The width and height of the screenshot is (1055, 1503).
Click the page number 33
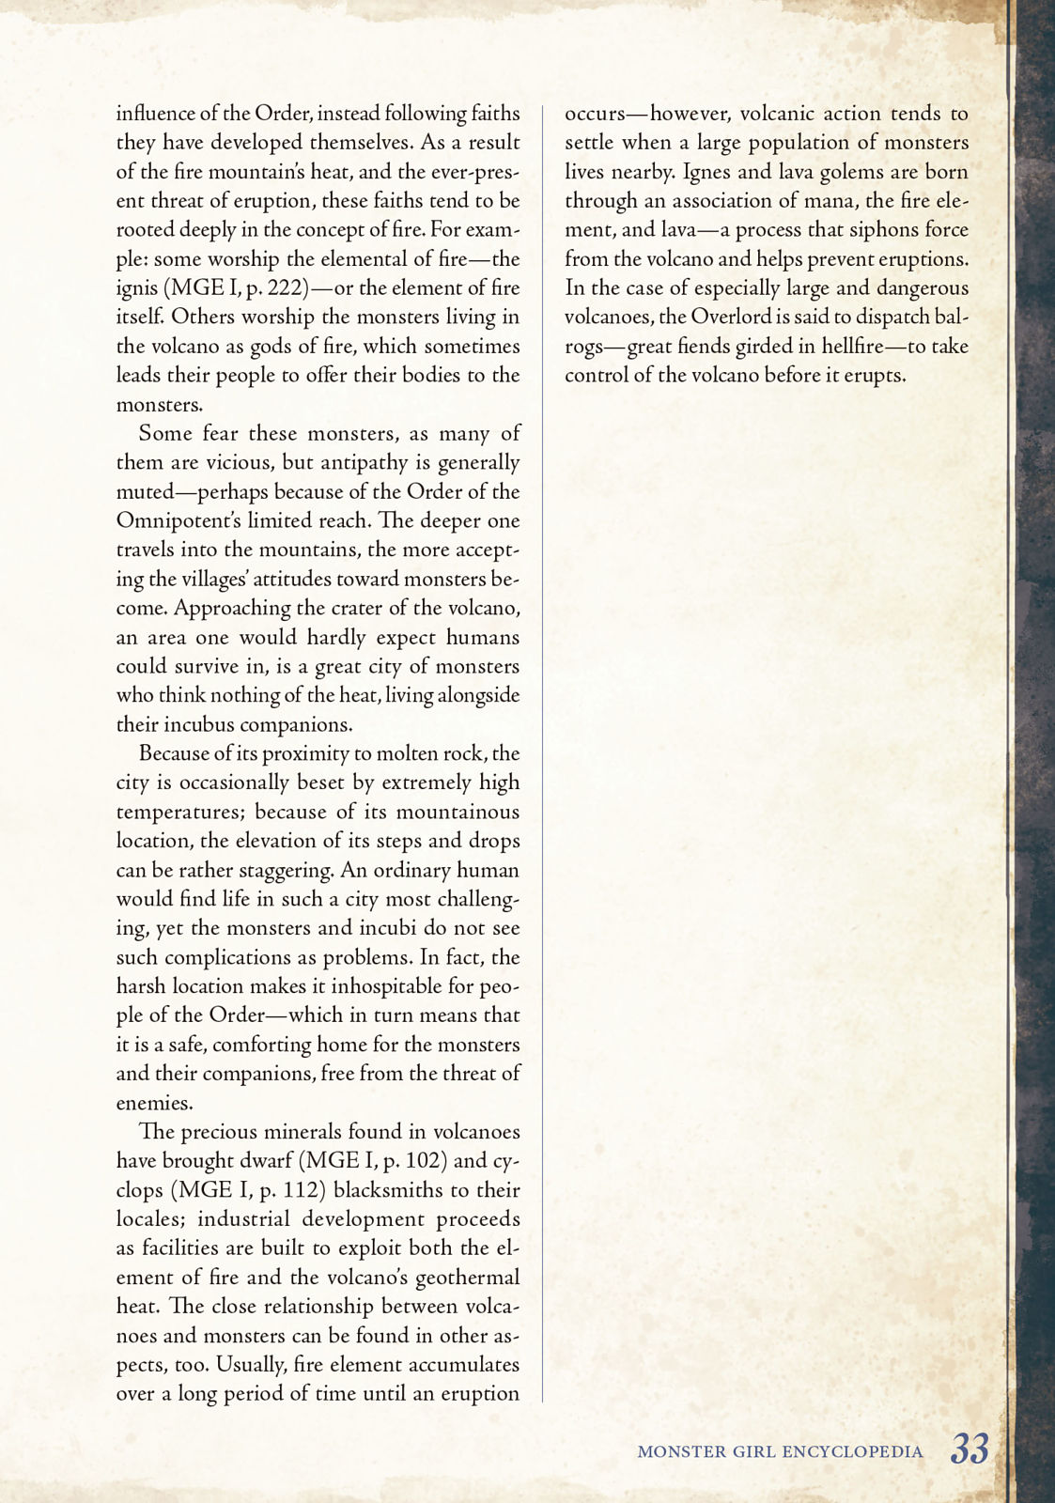(970, 1449)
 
